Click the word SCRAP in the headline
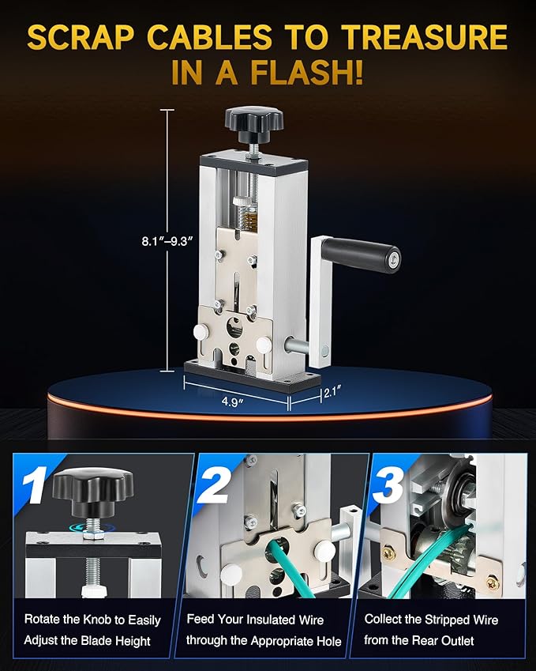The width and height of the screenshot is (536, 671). point(80,37)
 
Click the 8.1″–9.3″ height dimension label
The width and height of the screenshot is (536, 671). point(164,241)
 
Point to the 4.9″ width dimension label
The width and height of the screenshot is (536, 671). point(232,401)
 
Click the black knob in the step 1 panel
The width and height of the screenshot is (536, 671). point(93,492)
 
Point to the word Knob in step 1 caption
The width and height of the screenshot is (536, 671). point(97,620)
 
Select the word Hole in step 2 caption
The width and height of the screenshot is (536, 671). point(328,641)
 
